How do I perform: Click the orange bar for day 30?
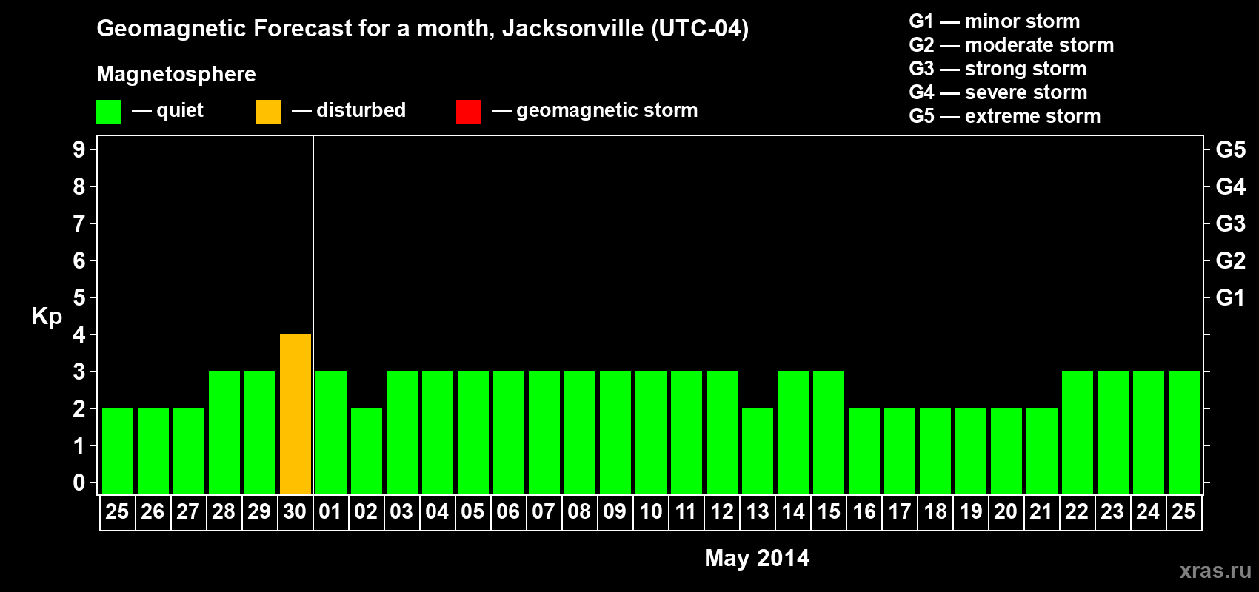[295, 414]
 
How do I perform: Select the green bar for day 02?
[367, 451]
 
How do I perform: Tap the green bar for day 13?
[758, 451]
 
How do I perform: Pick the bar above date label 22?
[1078, 433]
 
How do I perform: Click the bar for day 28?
[224, 433]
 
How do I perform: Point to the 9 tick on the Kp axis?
[79, 149]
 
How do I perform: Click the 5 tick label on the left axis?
[79, 297]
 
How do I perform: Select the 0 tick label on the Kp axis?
[79, 483]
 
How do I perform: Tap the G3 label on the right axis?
[1230, 223]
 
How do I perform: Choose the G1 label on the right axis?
[1230, 297]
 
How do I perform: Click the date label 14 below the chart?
[793, 511]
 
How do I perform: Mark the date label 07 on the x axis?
[544, 511]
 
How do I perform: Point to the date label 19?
[971, 511]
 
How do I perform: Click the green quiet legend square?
[109, 112]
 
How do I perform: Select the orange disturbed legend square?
[269, 112]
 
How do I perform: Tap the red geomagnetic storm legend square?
[469, 112]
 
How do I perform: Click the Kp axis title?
[47, 317]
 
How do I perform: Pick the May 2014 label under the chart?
[757, 558]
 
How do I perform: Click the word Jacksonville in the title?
[572, 29]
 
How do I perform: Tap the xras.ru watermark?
[1215, 571]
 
